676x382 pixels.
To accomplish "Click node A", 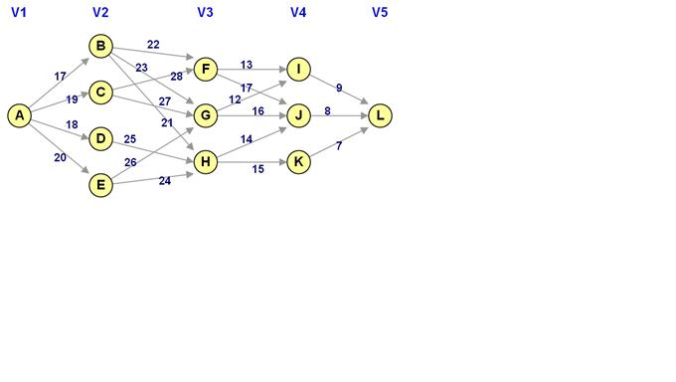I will (18, 115).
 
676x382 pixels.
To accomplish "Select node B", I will (100, 46).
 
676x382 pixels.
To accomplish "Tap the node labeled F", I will (206, 70).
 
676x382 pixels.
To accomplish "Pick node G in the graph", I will (206, 115).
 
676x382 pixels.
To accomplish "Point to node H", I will (206, 162).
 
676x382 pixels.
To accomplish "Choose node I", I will (299, 70).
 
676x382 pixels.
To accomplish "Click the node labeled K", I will (299, 162).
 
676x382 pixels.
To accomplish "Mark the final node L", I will (379, 115).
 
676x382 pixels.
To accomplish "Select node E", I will (100, 185).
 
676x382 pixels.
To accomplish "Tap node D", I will (100, 138).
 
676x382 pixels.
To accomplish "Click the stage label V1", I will (18, 13).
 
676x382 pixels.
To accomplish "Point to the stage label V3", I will (206, 13).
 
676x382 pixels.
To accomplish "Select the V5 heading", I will (379, 13).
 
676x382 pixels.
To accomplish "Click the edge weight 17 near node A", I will (61, 76).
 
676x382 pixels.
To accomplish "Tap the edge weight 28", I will (176, 77).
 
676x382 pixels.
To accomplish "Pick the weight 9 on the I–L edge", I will (339, 89).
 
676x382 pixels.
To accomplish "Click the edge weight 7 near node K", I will (339, 146).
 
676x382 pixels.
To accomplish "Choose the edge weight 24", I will (164, 181).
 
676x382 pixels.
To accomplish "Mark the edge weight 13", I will (246, 65).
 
